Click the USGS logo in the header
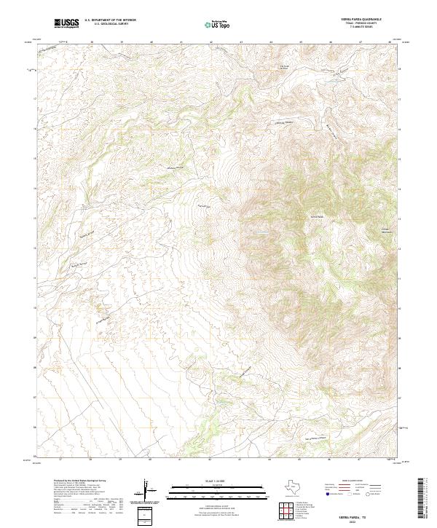tap(66, 25)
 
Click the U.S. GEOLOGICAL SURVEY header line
tap(108, 25)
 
